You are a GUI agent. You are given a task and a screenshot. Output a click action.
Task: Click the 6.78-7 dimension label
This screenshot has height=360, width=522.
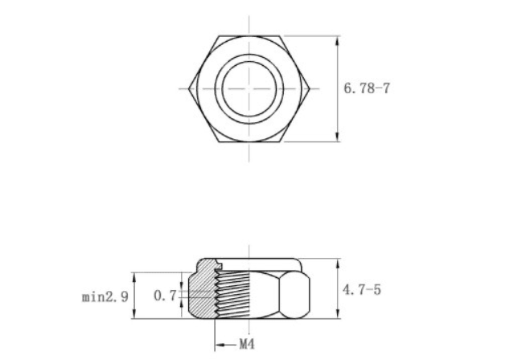pyautogui.click(x=367, y=88)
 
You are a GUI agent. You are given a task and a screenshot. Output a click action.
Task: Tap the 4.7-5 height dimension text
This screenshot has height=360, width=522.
pyautogui.click(x=362, y=290)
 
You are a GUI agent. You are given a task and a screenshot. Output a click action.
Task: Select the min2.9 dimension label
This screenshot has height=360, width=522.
pyautogui.click(x=105, y=297)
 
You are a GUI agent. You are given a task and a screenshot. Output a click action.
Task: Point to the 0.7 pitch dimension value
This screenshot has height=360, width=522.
pyautogui.click(x=165, y=296)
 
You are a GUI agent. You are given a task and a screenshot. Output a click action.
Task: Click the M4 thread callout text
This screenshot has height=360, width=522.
pyautogui.click(x=247, y=345)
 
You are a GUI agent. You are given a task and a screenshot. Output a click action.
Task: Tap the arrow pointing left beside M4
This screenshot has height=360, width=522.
pyautogui.click(x=226, y=345)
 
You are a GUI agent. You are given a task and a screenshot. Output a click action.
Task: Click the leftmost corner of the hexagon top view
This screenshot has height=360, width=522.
pyautogui.click(x=189, y=89)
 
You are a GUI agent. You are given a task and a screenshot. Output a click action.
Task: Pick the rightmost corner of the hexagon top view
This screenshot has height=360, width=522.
pyautogui.click(x=310, y=89)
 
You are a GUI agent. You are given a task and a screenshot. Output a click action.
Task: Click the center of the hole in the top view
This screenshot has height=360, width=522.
pyautogui.click(x=249, y=89)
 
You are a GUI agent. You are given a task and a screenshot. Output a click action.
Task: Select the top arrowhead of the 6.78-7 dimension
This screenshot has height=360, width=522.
pyautogui.click(x=338, y=41)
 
